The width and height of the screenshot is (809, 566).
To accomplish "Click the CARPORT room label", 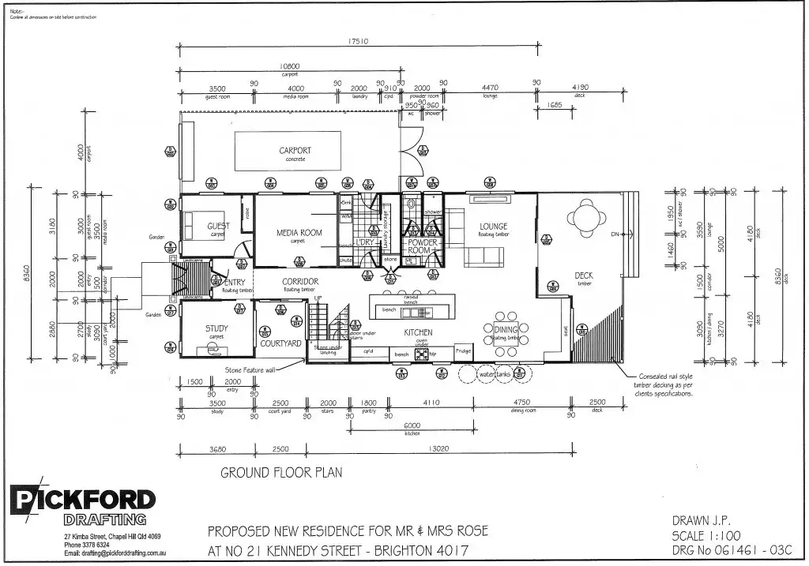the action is pos(295,150).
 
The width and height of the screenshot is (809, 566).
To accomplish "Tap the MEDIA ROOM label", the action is pos(299,233).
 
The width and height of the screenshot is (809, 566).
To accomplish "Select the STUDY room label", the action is pos(216,328).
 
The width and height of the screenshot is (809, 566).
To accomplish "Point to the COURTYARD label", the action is pos(280,343).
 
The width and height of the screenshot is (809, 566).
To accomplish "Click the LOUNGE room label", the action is pos(493,227).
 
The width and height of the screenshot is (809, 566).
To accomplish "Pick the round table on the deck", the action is pos(586,216).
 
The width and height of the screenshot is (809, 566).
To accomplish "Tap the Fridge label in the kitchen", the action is pos(463,351).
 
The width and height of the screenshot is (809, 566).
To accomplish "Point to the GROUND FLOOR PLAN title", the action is pos(281,473).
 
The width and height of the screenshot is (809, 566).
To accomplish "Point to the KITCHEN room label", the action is pos(418,333).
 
